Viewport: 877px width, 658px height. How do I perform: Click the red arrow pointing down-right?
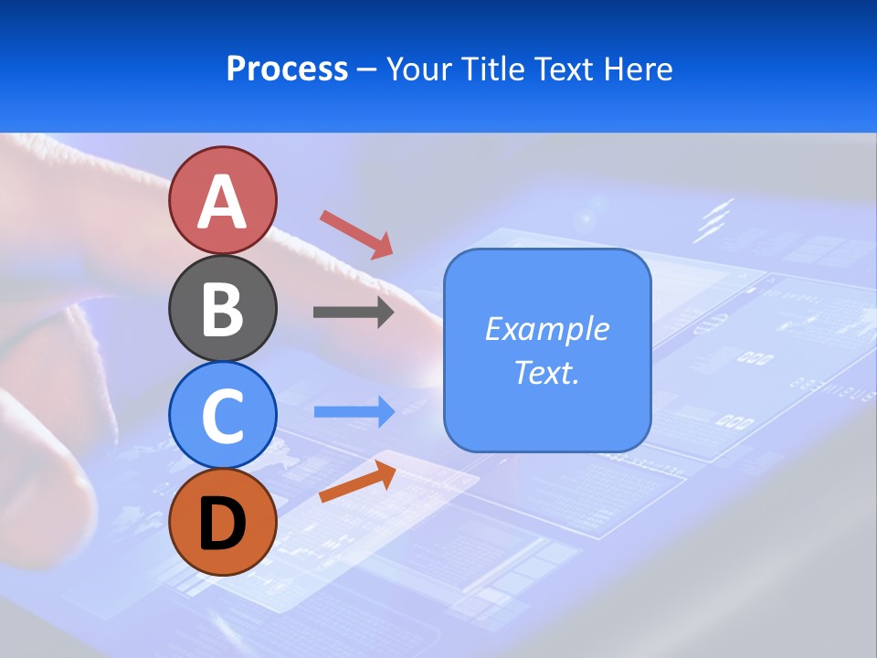[x=356, y=233]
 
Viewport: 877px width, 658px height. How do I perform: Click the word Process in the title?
[x=287, y=69]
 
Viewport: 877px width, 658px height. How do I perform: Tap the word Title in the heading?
[x=493, y=69]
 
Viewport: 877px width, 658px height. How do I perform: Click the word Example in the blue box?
[x=546, y=329]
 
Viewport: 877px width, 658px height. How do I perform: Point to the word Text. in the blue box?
[x=546, y=373]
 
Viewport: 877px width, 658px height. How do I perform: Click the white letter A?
[x=222, y=202]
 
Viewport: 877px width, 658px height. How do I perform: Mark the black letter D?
[x=222, y=524]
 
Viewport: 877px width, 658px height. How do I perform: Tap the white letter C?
[x=222, y=416]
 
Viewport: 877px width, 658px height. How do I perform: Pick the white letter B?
[x=222, y=310]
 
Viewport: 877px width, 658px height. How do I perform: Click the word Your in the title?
[x=421, y=69]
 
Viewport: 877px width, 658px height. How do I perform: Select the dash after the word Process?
[x=366, y=70]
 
